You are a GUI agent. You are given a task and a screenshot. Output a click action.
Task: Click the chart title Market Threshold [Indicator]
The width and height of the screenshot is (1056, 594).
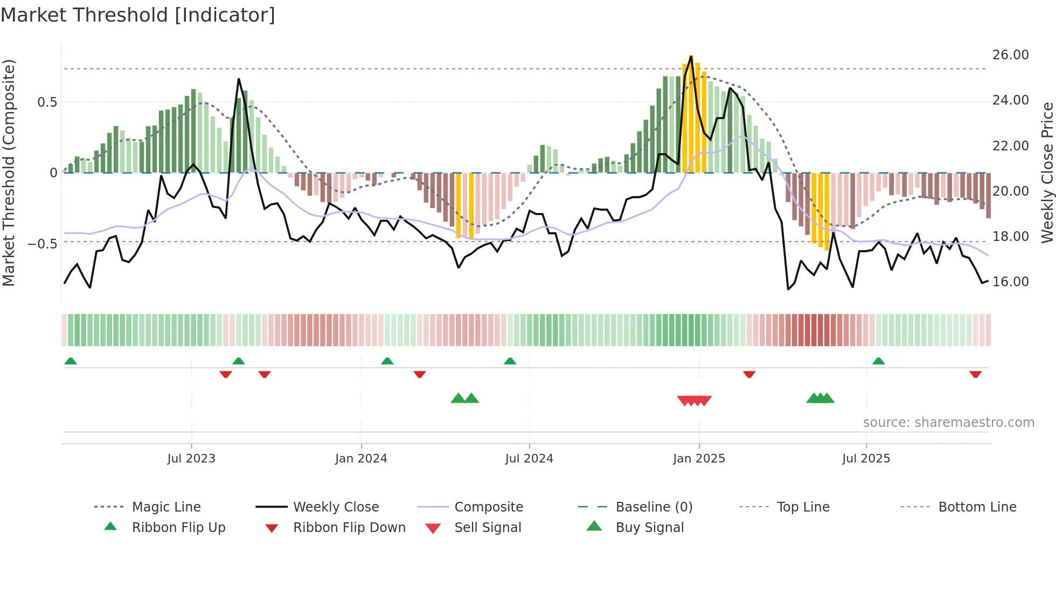coord(138,15)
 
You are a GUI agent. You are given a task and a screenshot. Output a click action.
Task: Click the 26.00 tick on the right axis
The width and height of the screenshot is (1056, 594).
coord(1010,55)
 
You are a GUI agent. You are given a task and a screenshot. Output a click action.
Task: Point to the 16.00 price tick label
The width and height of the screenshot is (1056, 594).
coord(1010,282)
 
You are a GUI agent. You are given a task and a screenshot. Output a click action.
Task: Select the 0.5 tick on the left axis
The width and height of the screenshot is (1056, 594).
coord(47,102)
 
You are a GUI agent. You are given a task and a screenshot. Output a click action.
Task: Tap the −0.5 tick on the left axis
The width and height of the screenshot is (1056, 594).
coord(43,244)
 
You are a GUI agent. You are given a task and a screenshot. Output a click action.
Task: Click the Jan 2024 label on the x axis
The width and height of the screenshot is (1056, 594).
coord(361,459)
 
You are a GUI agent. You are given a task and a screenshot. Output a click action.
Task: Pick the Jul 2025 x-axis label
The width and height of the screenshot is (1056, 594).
coord(866,459)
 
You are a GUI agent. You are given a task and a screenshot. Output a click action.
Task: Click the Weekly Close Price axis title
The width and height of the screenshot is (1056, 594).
coord(1047,172)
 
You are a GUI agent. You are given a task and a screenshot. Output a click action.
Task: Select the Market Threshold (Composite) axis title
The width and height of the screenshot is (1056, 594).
coord(9,172)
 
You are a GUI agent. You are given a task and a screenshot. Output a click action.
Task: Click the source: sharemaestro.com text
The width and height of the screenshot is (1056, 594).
coord(948,423)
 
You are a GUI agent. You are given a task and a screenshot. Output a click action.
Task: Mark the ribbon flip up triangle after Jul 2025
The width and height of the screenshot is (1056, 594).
coord(878,361)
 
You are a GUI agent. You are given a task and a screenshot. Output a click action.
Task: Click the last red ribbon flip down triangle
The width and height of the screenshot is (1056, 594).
coord(975,374)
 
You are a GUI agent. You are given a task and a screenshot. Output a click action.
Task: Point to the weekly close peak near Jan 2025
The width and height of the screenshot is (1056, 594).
coord(691,56)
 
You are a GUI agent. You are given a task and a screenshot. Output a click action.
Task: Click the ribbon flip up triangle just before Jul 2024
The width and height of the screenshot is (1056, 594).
coord(510,361)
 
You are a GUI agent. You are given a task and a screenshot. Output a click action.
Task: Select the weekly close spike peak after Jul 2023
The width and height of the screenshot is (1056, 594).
coord(239,79)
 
